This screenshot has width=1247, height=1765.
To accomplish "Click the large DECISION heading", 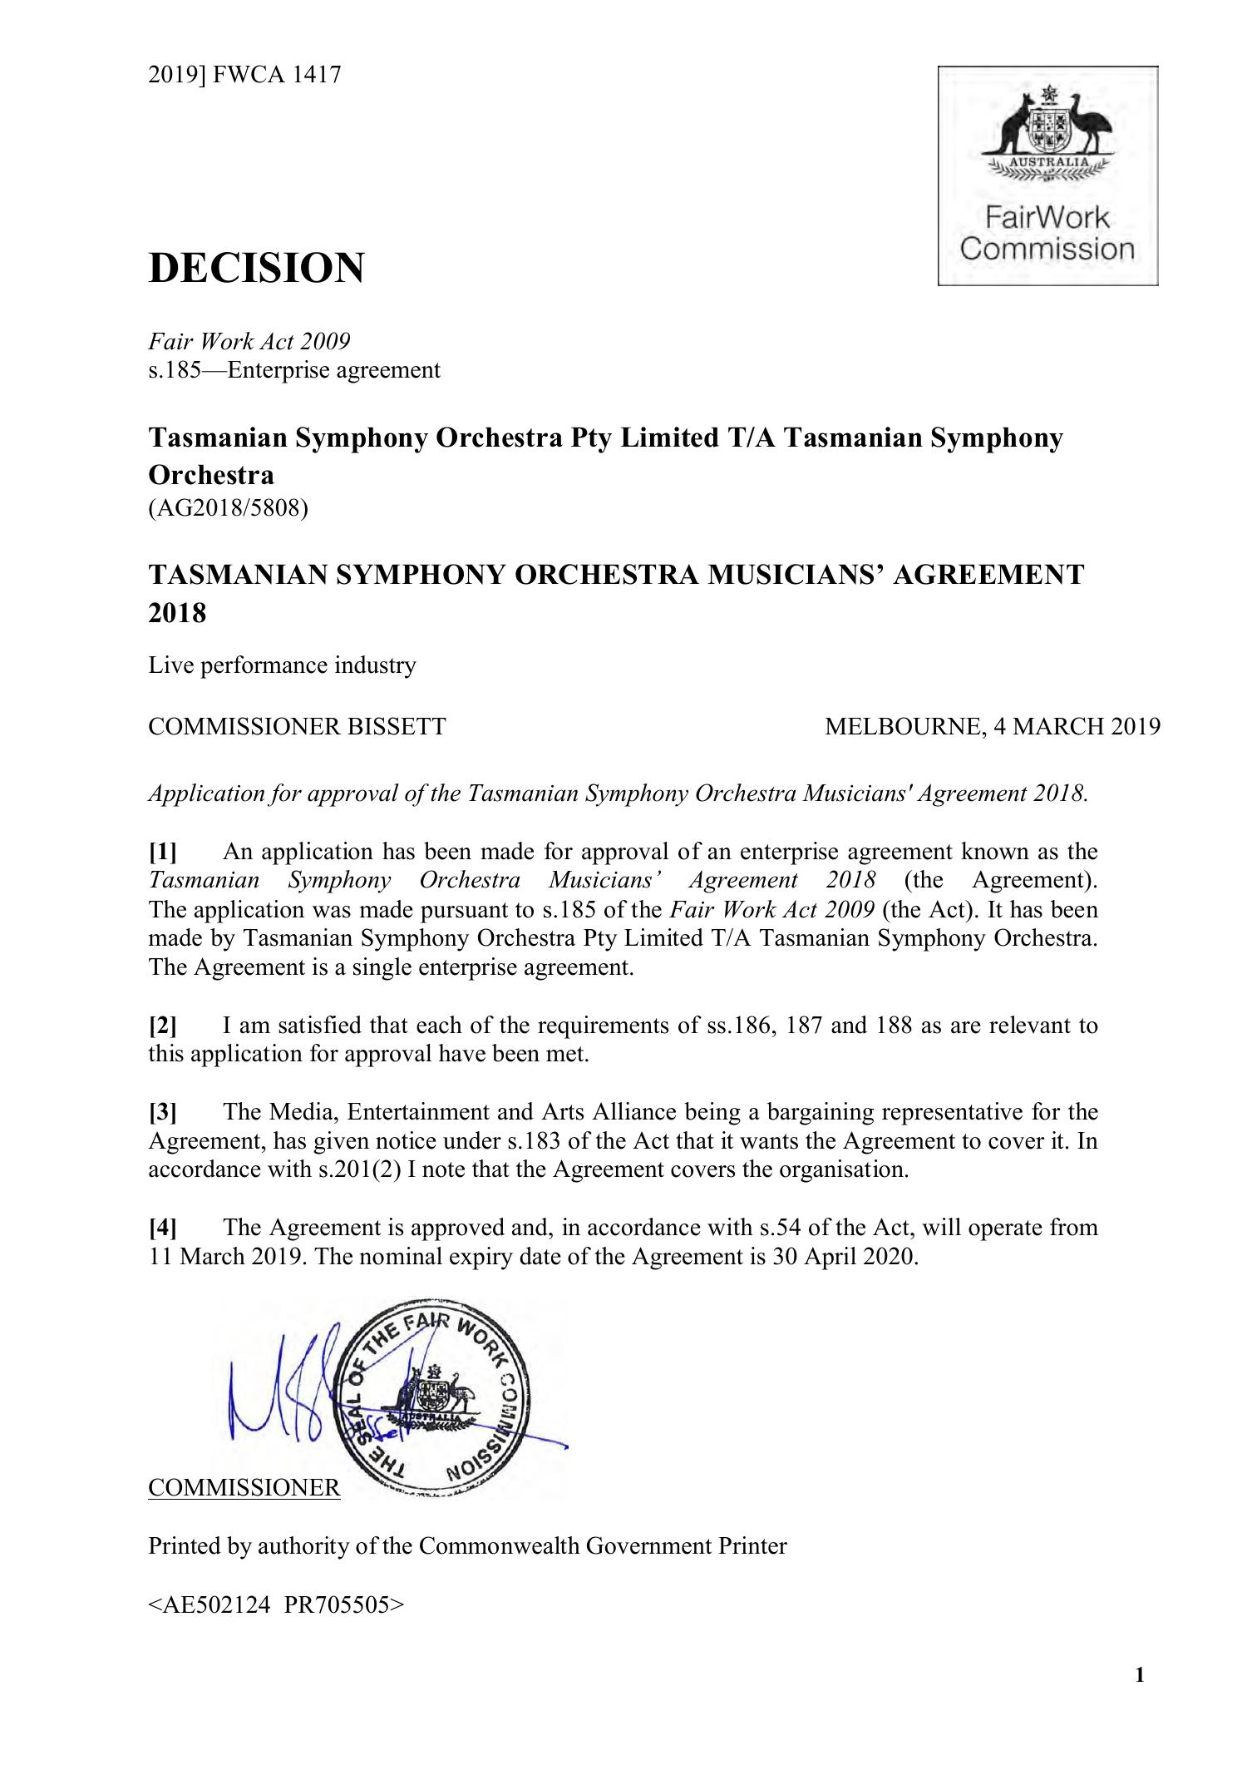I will click(x=256, y=268).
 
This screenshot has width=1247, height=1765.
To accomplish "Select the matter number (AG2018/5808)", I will click(x=228, y=507).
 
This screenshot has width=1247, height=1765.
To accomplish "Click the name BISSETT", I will click(x=396, y=727).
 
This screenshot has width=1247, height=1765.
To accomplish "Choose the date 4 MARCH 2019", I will click(x=1076, y=727).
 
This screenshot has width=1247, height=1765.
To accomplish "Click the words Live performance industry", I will click(x=282, y=665).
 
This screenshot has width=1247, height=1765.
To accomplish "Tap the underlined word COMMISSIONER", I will click(x=244, y=1487).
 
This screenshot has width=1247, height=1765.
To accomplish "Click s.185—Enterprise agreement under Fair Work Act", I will click(x=294, y=369).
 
